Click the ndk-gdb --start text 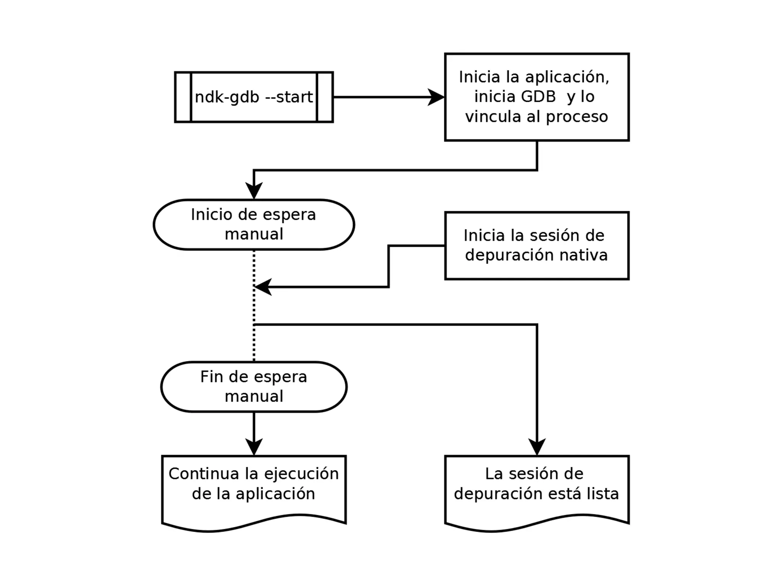tap(253, 97)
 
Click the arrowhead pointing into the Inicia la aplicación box tap(436, 97)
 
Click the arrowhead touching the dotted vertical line tap(263, 287)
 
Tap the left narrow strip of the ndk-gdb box tap(183, 97)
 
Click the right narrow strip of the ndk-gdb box tap(325, 97)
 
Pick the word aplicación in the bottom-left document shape tap(275, 494)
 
